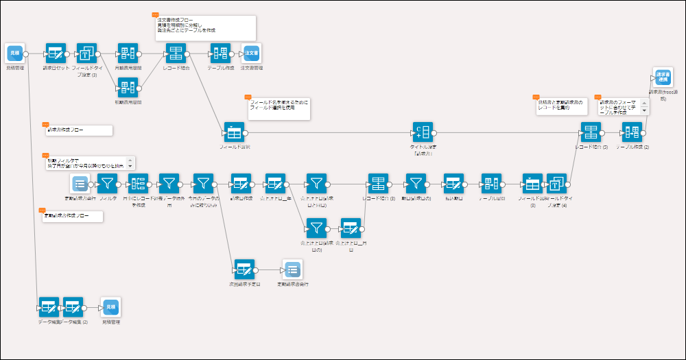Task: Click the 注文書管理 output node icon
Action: (252, 53)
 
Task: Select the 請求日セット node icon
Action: (56, 53)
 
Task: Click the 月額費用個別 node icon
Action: (128, 53)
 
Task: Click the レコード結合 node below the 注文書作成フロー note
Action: (176, 53)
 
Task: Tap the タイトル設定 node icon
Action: (422, 132)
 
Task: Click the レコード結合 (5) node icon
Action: (591, 132)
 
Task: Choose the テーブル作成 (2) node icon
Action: (632, 132)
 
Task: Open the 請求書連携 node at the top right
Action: (663, 77)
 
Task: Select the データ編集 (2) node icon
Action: (73, 307)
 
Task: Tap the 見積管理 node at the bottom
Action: (110, 307)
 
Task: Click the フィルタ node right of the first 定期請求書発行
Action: (108, 183)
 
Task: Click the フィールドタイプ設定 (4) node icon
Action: (557, 183)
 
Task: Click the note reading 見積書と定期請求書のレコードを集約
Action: (561, 106)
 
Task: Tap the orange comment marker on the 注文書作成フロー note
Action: (154, 14)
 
